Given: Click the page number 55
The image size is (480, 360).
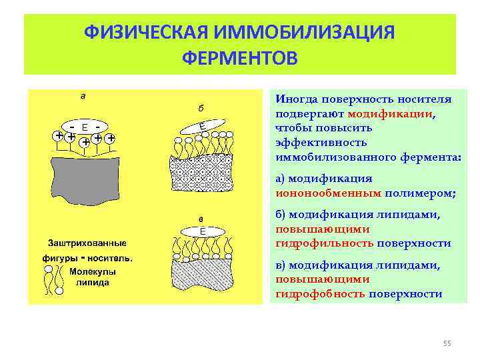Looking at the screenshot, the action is click(x=447, y=343).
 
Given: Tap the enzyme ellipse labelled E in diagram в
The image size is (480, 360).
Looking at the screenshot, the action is click(x=202, y=231).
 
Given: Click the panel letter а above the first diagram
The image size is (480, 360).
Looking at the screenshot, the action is click(x=83, y=95).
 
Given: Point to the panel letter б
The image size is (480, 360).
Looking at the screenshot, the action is click(x=201, y=108).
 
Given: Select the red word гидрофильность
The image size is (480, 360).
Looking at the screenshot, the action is click(x=325, y=243).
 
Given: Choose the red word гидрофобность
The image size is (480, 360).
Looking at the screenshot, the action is click(x=320, y=294).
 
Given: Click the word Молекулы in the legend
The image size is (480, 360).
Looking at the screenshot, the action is click(x=93, y=272).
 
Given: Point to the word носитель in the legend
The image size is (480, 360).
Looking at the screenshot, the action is click(x=110, y=258).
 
